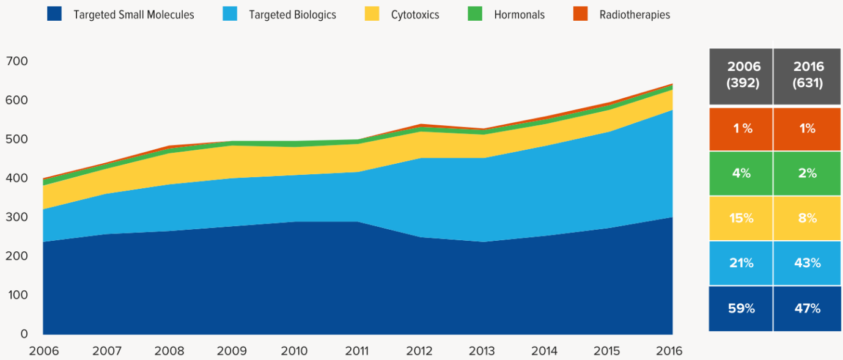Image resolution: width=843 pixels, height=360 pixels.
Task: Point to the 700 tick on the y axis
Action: (x=17, y=61)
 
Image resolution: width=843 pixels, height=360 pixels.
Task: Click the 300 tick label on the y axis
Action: (x=17, y=217)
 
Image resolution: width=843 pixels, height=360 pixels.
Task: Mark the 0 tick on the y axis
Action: (x=24, y=334)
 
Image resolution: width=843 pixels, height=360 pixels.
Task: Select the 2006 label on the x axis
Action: (x=44, y=351)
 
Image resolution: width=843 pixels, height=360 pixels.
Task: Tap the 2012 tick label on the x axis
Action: (x=420, y=351)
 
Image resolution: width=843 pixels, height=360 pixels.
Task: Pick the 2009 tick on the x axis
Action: (x=232, y=351)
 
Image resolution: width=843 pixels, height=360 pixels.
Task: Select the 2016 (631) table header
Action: (x=807, y=75)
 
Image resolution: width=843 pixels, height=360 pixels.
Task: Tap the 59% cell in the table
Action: (x=741, y=309)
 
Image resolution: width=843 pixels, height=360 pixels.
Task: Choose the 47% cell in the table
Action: (x=807, y=309)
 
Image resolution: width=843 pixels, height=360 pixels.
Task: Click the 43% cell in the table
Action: (x=807, y=263)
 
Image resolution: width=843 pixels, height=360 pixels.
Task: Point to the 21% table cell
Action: (x=741, y=263)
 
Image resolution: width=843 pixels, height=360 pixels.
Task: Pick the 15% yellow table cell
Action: (x=741, y=218)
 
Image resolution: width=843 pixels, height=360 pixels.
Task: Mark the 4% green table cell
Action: (x=741, y=174)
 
